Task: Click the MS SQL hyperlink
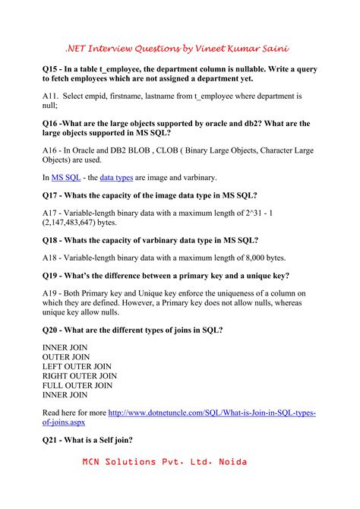[x=67, y=178]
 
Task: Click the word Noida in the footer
[x=232, y=463]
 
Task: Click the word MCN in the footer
[x=96, y=463]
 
